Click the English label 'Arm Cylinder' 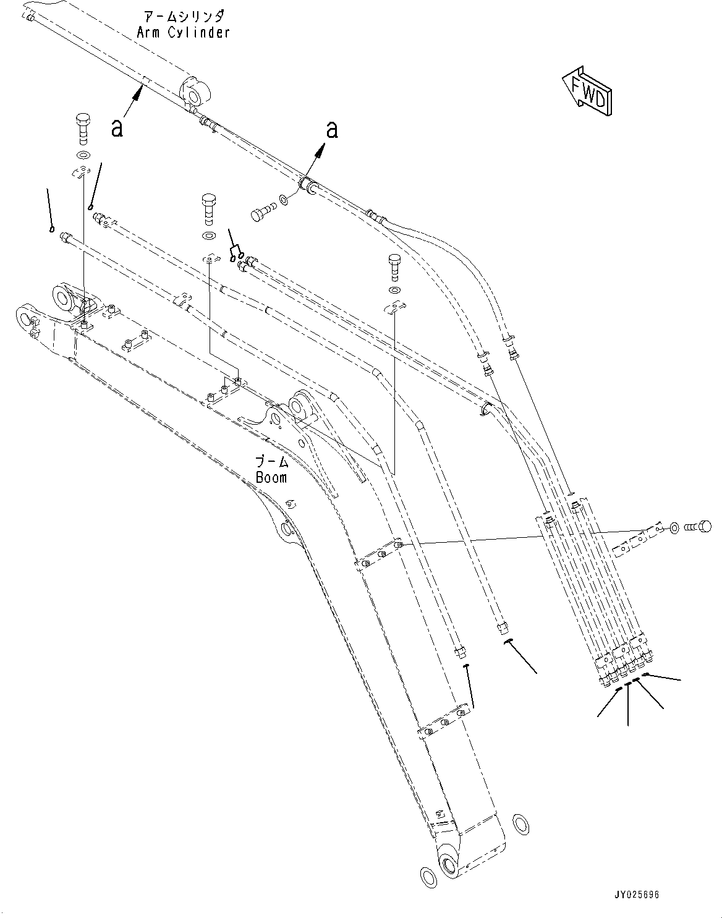click(x=183, y=33)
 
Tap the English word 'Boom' click(x=271, y=477)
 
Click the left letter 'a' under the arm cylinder click(x=117, y=128)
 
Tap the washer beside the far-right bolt click(x=675, y=528)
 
